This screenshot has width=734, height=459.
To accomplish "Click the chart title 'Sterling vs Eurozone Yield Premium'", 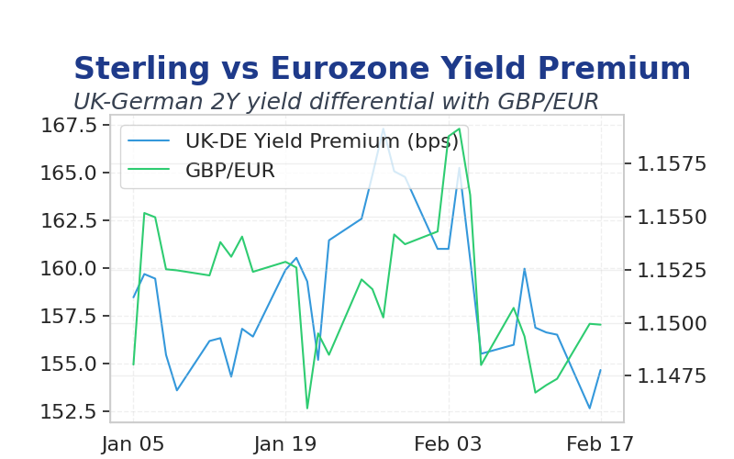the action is (x=382, y=68).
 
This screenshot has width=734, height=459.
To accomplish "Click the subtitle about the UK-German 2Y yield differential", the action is (x=336, y=101).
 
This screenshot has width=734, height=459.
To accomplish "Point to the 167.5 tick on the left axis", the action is (x=69, y=126).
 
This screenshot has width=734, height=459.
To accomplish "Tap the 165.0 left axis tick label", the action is (x=69, y=174).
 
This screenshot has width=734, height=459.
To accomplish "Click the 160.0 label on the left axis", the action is (x=69, y=269).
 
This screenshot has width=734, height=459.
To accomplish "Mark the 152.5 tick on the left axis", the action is (x=69, y=411).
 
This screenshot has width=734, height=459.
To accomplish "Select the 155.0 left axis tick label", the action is (x=69, y=364).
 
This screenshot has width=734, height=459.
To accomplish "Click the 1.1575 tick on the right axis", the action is (x=672, y=164).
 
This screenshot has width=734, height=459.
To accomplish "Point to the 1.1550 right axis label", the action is (x=672, y=217).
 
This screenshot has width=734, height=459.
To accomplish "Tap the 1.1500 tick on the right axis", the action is (x=672, y=323).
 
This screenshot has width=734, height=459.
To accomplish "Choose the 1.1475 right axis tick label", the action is (x=672, y=375).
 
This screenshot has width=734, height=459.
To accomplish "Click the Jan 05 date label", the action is (x=133, y=444).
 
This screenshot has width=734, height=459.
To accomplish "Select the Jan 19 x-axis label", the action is (x=285, y=444).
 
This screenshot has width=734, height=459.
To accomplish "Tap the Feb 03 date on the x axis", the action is (x=448, y=444).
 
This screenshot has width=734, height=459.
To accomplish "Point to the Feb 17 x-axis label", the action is (x=600, y=444).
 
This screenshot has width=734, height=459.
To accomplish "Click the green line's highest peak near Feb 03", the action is (x=460, y=129).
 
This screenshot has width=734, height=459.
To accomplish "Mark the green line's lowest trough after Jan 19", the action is (x=307, y=409).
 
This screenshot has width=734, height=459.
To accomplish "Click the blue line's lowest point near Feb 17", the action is (x=590, y=409).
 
